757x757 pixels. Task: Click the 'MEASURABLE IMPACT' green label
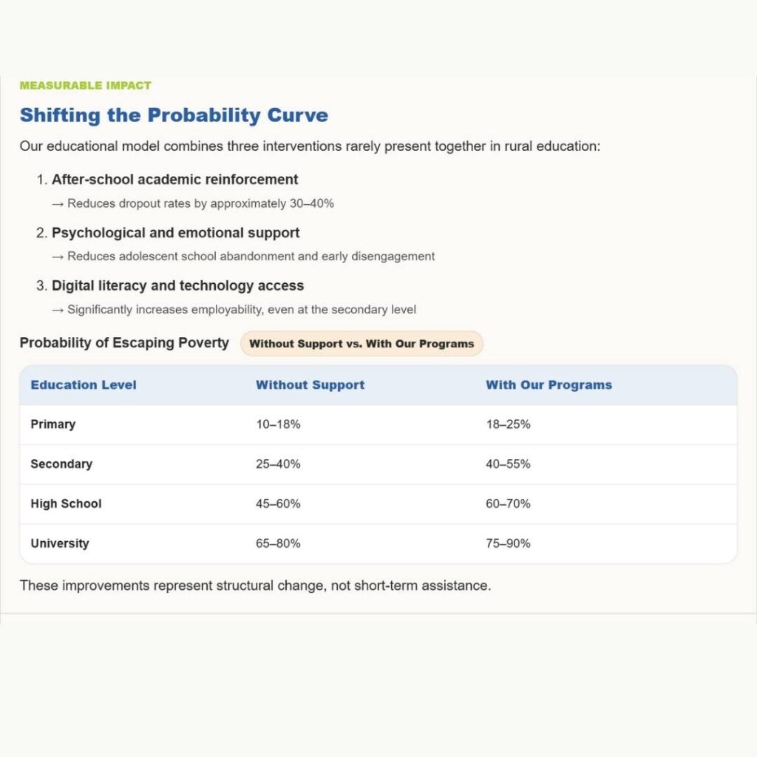85,86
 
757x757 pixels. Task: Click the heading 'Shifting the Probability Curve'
174,115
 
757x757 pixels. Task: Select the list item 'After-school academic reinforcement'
174,180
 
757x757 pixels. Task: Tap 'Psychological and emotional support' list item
175,233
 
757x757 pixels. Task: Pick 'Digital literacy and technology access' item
177,286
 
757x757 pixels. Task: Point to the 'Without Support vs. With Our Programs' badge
361,344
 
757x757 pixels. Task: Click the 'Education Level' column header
84,385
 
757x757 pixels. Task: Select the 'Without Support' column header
310,385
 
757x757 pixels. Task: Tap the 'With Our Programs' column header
549,385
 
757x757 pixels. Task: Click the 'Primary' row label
53,424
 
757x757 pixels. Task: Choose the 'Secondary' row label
61,464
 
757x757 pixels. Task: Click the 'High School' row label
66,504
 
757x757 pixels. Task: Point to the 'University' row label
60,543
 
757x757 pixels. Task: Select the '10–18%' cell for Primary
278,424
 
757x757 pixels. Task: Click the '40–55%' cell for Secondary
508,464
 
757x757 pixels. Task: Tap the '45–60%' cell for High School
278,504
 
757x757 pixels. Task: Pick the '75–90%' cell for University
508,543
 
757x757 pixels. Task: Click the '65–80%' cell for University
278,543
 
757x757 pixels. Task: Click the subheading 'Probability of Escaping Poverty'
124,343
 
